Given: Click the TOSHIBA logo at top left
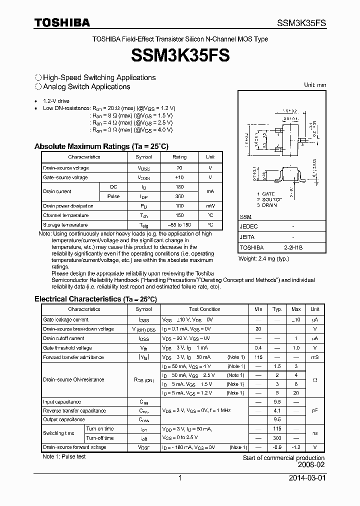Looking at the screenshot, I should (62, 22).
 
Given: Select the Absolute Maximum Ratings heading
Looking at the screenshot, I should (101, 146).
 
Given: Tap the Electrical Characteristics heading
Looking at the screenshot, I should (95, 299).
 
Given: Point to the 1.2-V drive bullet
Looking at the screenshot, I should (56, 100).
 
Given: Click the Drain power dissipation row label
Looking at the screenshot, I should (68, 206).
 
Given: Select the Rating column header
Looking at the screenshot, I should (179, 157).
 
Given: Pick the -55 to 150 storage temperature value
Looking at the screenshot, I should (179, 225).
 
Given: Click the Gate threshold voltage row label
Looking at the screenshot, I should (67, 348).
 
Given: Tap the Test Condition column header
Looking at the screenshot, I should (204, 309).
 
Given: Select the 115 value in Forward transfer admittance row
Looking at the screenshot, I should (258, 357).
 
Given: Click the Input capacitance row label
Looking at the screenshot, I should (62, 402).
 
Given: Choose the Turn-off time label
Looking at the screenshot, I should (100, 438).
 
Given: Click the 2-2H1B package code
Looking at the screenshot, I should (293, 247).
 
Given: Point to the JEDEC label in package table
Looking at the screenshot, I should (249, 226).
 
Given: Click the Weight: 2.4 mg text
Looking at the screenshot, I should (264, 258).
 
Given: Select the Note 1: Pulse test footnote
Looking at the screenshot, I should (64, 456).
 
